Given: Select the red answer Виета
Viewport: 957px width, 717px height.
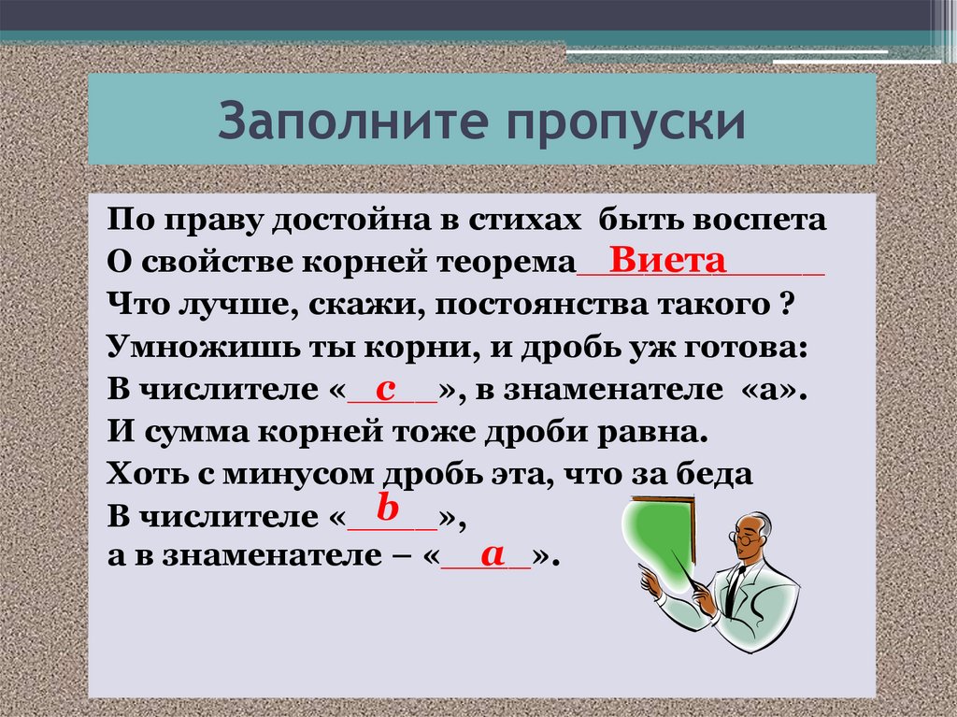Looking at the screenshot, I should click(667, 259).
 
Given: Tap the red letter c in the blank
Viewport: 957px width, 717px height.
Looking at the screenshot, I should click(385, 389).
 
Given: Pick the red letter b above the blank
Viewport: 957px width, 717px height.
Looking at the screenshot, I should click(388, 508).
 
